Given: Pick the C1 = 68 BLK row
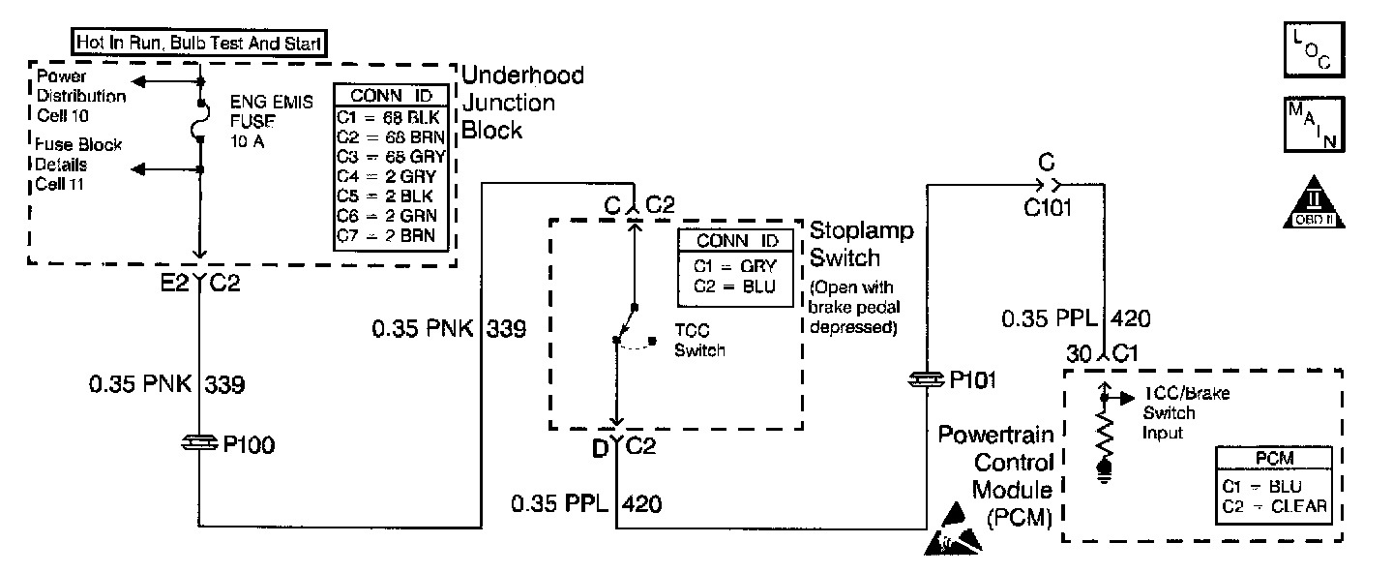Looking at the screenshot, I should [x=392, y=117].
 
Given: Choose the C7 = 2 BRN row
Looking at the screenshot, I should [x=390, y=234].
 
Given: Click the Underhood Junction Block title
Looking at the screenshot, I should [x=522, y=103].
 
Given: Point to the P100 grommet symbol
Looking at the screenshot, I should [x=200, y=444].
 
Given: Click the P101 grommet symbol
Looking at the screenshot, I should [x=927, y=380].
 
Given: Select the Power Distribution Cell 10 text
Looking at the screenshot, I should [x=80, y=96].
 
